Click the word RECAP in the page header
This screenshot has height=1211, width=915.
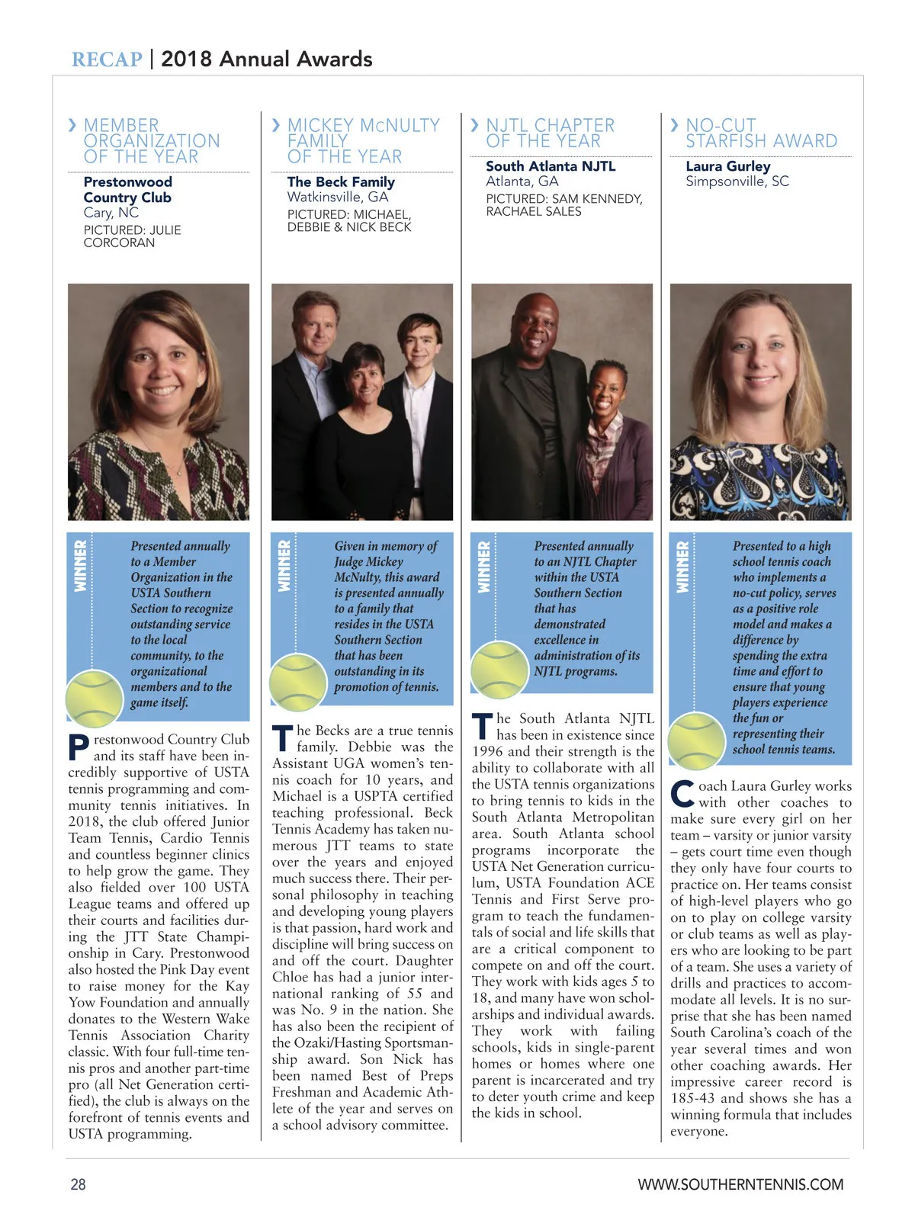click(107, 59)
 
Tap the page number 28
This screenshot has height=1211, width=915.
click(79, 1184)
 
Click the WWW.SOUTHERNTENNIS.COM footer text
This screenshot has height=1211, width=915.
click(740, 1184)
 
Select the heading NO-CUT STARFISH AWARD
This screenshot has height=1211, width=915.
click(760, 133)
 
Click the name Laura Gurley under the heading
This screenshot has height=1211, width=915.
click(727, 166)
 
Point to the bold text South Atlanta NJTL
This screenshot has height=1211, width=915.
click(551, 166)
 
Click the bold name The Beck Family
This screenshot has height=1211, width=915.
click(341, 182)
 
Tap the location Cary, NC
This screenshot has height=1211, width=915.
click(111, 213)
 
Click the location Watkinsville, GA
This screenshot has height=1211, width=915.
click(338, 197)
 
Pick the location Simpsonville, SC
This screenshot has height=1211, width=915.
click(737, 181)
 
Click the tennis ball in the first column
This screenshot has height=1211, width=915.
click(94, 698)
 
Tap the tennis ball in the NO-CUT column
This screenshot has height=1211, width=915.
click(695, 740)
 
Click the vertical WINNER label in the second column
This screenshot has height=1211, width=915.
click(284, 566)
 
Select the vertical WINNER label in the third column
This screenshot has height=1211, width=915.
click(483, 566)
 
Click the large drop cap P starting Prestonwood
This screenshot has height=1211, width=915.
click(79, 747)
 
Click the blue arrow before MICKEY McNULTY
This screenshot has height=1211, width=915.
click(276, 124)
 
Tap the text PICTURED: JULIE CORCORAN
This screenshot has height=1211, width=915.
click(132, 236)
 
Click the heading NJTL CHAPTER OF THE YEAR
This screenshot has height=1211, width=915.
click(550, 133)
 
